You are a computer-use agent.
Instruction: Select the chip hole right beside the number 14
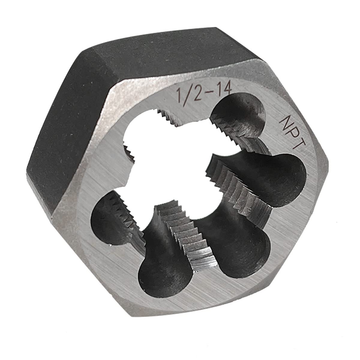point(240,117)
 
